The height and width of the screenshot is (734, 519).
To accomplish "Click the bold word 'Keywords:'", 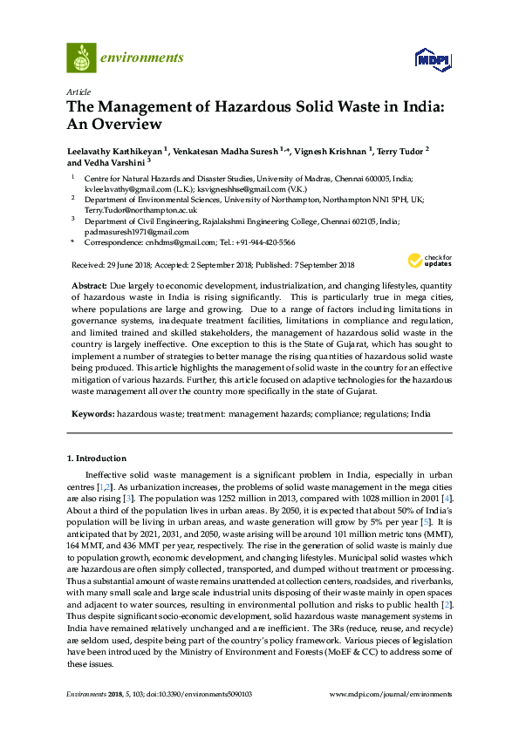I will (92, 412).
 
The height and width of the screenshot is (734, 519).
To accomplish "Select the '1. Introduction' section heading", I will (97, 459).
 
